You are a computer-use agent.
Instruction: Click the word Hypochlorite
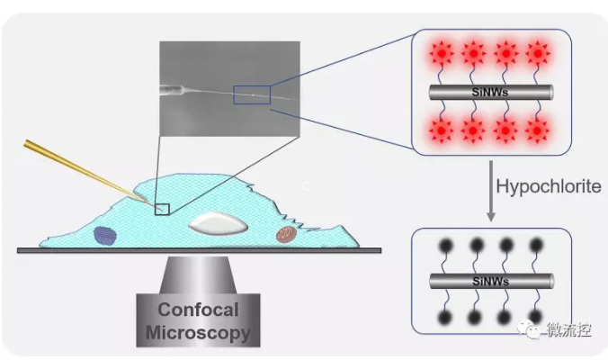[545, 186]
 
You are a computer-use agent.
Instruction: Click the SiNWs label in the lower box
[490, 281]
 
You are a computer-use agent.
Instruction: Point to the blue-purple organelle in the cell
[105, 235]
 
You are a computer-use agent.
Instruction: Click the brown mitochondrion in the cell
[285, 235]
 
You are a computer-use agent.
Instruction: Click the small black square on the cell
[162, 209]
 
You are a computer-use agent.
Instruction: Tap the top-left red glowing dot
[439, 52]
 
